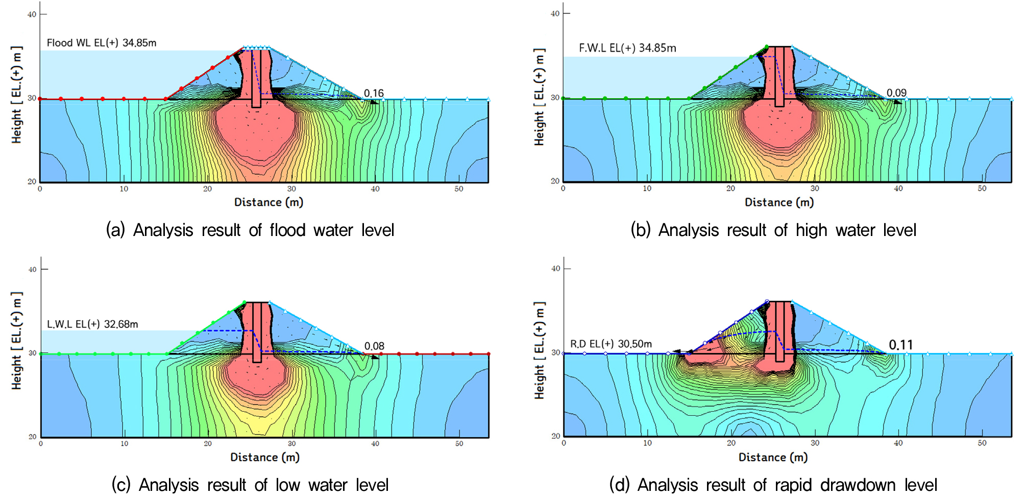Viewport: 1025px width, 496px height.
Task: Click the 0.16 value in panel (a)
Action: (374, 93)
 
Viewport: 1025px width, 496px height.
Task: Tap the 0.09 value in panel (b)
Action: (896, 92)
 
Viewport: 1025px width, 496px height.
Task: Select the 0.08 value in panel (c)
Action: (374, 346)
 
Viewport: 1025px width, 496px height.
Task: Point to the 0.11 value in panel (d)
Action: (900, 345)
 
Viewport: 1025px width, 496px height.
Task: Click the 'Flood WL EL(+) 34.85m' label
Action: (102, 43)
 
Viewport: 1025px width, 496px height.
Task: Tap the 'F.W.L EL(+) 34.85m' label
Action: (627, 48)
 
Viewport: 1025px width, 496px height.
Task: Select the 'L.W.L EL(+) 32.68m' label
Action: (92, 324)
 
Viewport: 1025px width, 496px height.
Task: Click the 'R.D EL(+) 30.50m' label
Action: (611, 344)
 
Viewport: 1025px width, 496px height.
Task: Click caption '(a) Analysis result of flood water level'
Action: (250, 230)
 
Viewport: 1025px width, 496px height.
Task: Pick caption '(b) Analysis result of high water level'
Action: (773, 230)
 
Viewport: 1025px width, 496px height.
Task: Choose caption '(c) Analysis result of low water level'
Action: (250, 484)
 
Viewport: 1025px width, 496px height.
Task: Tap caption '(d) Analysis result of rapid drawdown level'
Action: (773, 484)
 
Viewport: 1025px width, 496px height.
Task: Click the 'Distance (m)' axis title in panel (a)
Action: (269, 202)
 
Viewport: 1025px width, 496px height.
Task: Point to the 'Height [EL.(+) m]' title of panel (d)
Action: (539, 350)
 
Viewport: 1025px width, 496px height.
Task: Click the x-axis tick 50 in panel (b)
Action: (982, 188)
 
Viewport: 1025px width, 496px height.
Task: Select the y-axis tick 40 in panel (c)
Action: (32, 269)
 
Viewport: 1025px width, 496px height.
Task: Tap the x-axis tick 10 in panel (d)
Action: (647, 443)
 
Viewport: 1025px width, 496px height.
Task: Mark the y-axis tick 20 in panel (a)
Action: (32, 181)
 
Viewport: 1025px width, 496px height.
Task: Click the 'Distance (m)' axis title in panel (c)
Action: (264, 457)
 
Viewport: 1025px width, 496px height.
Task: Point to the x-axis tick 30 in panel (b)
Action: (815, 188)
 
